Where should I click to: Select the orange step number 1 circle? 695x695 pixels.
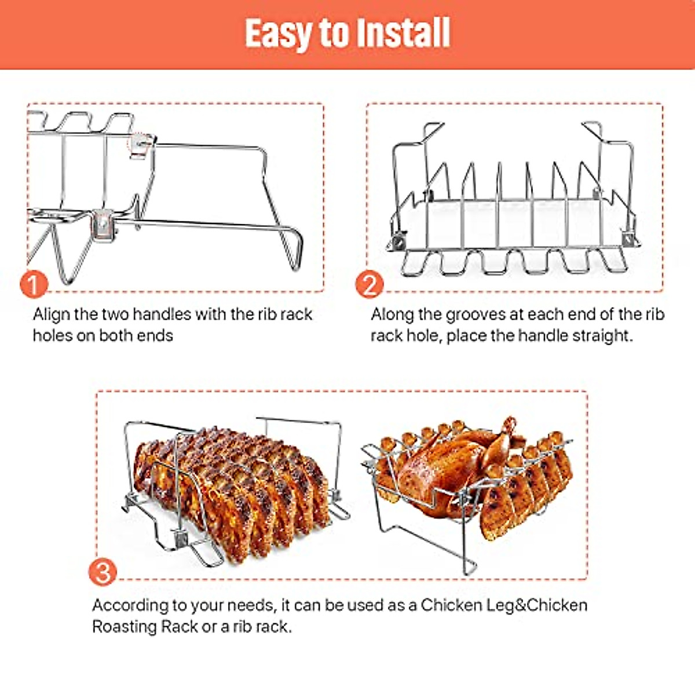34,284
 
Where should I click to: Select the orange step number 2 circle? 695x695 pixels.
370,284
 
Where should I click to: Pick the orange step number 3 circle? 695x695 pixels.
103,572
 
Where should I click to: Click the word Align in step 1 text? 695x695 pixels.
52,314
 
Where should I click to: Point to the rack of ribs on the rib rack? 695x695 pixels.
232,492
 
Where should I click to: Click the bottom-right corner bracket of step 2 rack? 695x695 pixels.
628,237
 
